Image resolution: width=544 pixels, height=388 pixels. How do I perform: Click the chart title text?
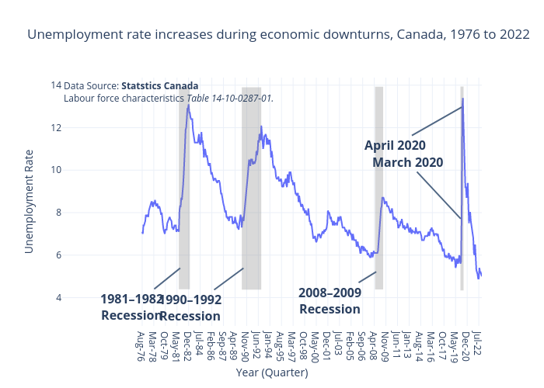pyautogui.click(x=279, y=35)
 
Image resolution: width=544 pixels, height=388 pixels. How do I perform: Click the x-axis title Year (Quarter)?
pyautogui.click(x=271, y=372)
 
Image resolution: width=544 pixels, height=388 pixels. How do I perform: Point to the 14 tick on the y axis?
pyautogui.click(x=56, y=85)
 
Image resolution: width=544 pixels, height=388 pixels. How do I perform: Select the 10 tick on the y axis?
pyautogui.click(x=56, y=170)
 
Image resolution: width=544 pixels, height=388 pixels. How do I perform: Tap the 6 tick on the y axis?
pyautogui.click(x=57, y=255)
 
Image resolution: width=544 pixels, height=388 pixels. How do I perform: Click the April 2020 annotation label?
pyautogui.click(x=395, y=145)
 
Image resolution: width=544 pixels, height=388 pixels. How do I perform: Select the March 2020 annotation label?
pyautogui.click(x=407, y=162)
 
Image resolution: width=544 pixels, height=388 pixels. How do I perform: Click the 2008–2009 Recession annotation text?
pyautogui.click(x=330, y=300)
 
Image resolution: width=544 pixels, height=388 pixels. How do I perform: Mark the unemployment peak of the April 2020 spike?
pyautogui.click(x=462, y=99)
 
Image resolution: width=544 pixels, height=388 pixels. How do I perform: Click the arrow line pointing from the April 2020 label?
pyautogui.click(x=437, y=120)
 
